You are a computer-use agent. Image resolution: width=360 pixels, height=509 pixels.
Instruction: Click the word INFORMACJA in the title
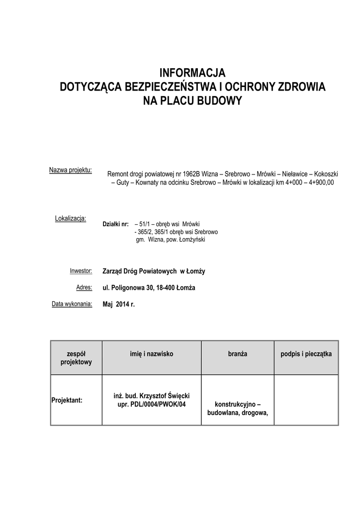point(192,73)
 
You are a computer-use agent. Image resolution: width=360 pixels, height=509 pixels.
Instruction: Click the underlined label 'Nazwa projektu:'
point(70,170)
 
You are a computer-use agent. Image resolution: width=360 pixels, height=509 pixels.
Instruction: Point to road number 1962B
point(191,174)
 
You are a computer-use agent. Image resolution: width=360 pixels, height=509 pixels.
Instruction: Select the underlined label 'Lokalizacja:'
point(71,218)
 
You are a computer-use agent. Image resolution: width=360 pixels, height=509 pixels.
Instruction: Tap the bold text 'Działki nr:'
point(115,224)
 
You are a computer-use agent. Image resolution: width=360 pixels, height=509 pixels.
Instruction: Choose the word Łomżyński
point(191,240)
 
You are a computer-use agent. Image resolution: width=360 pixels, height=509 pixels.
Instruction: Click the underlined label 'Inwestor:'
point(81,271)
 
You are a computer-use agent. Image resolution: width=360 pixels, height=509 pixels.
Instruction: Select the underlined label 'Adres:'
point(84,287)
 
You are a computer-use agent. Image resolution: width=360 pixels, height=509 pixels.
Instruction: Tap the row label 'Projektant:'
point(67,400)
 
